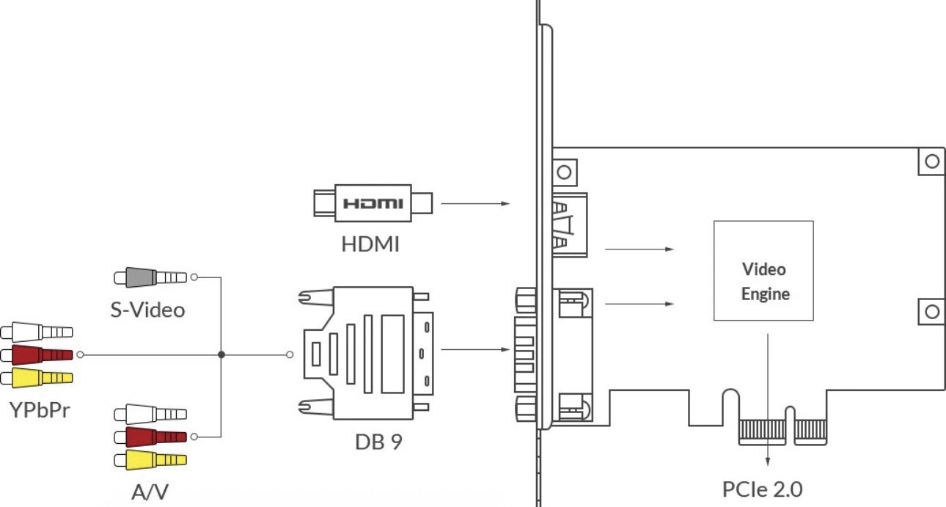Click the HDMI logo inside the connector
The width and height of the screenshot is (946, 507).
(x=373, y=204)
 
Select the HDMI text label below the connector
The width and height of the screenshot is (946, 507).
(x=370, y=244)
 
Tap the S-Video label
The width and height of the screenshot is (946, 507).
(x=148, y=310)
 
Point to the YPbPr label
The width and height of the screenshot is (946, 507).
(x=40, y=410)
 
